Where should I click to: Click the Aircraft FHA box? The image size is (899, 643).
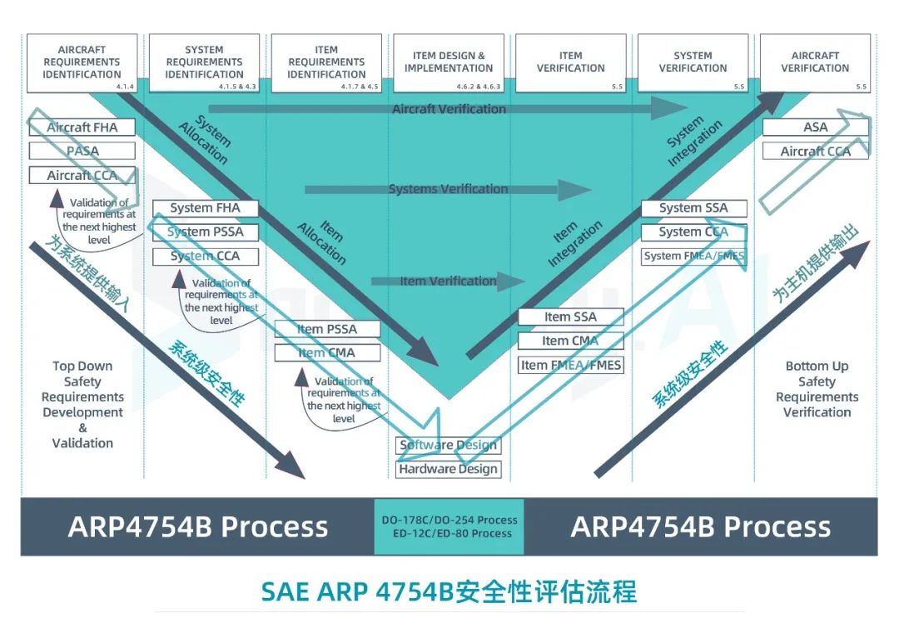pyautogui.click(x=82, y=127)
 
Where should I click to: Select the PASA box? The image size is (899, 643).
pyautogui.click(x=82, y=151)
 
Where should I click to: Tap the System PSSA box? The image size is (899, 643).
pyautogui.click(x=206, y=232)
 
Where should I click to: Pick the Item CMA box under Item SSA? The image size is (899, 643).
pyautogui.click(x=570, y=341)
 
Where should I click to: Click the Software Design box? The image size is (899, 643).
pyautogui.click(x=448, y=445)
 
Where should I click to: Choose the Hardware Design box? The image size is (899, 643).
pyautogui.click(x=448, y=469)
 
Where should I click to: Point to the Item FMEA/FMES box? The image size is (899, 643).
pyautogui.click(x=570, y=365)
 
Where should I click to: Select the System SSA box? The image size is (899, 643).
pyautogui.click(x=693, y=207)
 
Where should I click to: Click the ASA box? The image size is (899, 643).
pyautogui.click(x=816, y=127)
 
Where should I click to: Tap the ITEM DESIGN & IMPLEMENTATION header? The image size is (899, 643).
pyautogui.click(x=449, y=62)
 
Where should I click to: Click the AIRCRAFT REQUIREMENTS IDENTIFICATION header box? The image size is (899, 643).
pyautogui.click(x=82, y=62)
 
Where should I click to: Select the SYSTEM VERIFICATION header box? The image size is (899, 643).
pyautogui.click(x=693, y=62)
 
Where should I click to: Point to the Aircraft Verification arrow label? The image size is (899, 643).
pyautogui.click(x=449, y=109)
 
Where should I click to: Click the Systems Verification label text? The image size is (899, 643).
pyautogui.click(x=448, y=189)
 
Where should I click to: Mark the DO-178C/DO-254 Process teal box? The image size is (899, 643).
pyautogui.click(x=449, y=526)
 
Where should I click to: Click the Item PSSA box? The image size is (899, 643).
pyautogui.click(x=327, y=329)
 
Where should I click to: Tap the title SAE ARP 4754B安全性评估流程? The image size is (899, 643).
pyautogui.click(x=449, y=591)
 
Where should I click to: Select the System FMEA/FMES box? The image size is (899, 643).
pyautogui.click(x=693, y=256)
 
